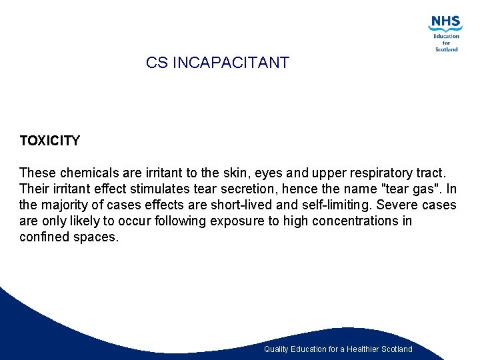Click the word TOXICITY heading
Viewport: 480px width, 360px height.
[x=49, y=141]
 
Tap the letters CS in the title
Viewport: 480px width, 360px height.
[x=157, y=63]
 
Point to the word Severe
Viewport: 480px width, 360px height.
[x=397, y=205]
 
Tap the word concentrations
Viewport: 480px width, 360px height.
[x=353, y=221]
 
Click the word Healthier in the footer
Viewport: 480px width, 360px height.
[x=365, y=349]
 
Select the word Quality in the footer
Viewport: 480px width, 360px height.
[x=277, y=349]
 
